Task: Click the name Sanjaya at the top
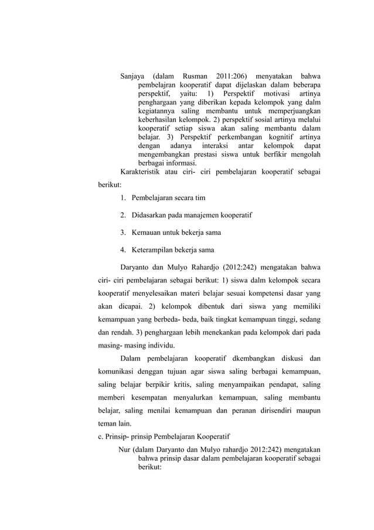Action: (x=134, y=76)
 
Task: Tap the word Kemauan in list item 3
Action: (x=146, y=232)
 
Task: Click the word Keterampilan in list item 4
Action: (x=153, y=249)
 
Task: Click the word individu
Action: (x=166, y=345)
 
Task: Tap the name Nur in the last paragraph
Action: (x=124, y=450)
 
